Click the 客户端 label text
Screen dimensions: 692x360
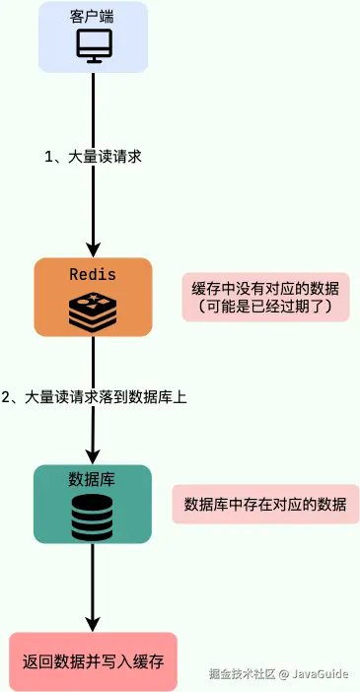pos(92,18)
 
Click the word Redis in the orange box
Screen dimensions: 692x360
pos(92,274)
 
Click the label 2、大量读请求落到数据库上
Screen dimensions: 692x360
pos(94,397)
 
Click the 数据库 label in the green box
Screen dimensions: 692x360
pos(92,479)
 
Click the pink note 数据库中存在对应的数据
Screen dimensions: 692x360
pos(265,504)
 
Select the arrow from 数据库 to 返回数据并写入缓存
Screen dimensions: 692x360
pos(92,587)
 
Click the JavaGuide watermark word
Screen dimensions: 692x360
pos(320,674)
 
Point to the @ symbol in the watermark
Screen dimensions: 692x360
pos(282,674)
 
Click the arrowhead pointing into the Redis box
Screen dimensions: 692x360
pos(92,250)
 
